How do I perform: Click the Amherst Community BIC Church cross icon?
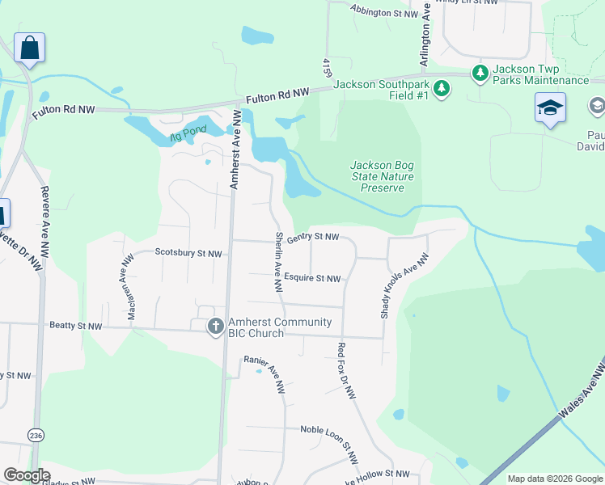(x=215, y=326)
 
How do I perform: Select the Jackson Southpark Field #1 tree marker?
(x=442, y=88)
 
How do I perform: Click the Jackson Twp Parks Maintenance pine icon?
(x=480, y=74)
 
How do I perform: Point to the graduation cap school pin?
(x=550, y=108)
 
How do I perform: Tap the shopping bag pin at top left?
(x=29, y=48)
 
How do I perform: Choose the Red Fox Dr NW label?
(x=345, y=371)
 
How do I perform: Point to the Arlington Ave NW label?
(x=425, y=39)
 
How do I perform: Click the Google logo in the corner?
(x=27, y=475)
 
